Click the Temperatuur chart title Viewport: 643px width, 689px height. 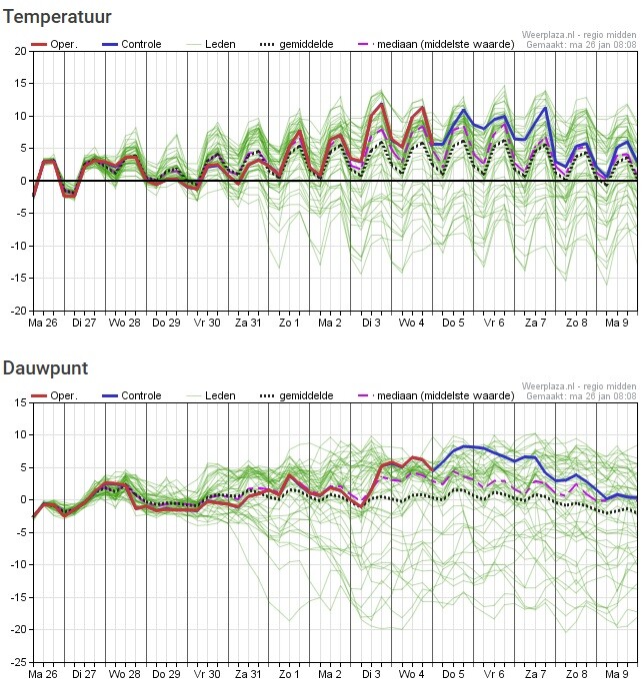[x=57, y=17]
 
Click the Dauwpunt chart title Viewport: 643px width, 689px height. [x=45, y=368]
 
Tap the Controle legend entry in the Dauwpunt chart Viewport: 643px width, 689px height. [x=131, y=395]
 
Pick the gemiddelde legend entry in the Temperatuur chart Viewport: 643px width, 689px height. [x=296, y=44]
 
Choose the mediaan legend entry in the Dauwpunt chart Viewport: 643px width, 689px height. [x=436, y=395]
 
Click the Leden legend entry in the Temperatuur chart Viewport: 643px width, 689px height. [x=211, y=44]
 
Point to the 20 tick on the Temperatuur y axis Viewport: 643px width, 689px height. [x=20, y=51]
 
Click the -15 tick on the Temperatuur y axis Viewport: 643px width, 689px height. [x=18, y=279]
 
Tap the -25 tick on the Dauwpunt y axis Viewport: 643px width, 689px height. [x=18, y=662]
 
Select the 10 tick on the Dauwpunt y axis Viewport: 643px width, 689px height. [x=20, y=434]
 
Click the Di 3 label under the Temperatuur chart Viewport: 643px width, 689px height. [x=371, y=323]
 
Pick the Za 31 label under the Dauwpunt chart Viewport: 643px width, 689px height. [x=248, y=674]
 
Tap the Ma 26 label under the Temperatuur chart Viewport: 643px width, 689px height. [x=43, y=323]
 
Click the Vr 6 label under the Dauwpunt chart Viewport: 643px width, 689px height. [x=494, y=674]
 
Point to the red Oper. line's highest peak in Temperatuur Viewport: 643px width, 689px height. [x=381, y=104]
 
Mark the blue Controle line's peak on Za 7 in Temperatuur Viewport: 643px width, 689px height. [x=545, y=108]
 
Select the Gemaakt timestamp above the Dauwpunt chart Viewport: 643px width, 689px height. [x=581, y=395]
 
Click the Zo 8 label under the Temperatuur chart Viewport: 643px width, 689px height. [x=576, y=323]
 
